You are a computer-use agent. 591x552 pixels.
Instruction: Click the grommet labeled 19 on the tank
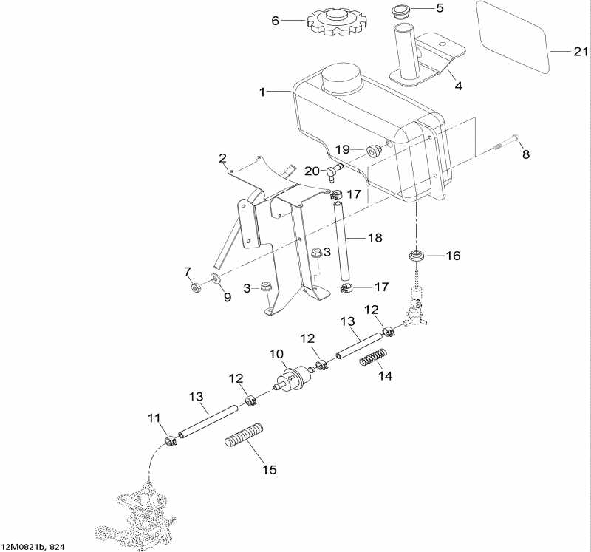374,151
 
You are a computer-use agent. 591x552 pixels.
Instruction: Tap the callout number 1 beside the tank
262,92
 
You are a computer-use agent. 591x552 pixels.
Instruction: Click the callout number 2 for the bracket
222,157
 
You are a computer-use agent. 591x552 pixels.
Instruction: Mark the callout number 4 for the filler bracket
459,86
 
